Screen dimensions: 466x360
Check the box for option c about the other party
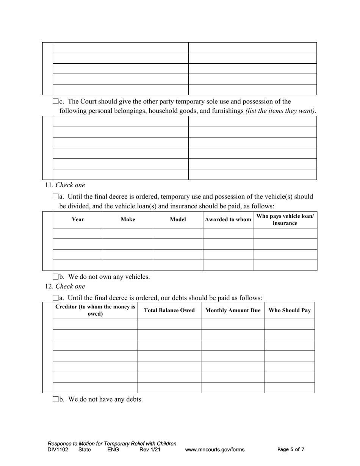point(55,102)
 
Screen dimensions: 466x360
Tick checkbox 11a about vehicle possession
point(55,197)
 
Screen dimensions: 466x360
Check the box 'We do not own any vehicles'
point(55,277)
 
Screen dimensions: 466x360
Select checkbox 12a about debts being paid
point(55,298)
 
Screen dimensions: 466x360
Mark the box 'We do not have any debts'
point(55,399)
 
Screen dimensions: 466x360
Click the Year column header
point(78,219)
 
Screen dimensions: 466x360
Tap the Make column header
point(128,219)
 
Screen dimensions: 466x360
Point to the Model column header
point(178,219)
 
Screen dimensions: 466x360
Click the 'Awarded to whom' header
point(228,219)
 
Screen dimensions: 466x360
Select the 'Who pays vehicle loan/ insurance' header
point(285,219)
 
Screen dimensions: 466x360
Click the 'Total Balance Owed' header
point(169,310)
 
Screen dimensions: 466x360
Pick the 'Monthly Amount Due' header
point(233,310)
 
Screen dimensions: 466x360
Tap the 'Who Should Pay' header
point(290,310)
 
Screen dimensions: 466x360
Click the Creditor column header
point(95,310)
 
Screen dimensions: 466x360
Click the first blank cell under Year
point(78,233)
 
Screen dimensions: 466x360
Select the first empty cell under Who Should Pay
point(290,324)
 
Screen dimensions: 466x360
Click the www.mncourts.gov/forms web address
point(214,450)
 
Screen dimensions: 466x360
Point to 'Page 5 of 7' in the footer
point(291,450)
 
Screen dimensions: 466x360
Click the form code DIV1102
point(58,450)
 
